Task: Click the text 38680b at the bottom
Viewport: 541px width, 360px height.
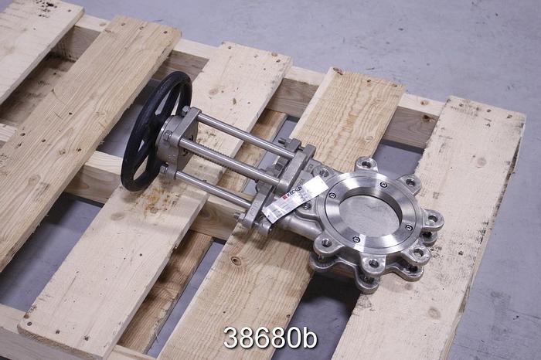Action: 270,338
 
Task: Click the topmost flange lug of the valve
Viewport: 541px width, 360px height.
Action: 366,164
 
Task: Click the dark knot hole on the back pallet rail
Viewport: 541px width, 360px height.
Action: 426,118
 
